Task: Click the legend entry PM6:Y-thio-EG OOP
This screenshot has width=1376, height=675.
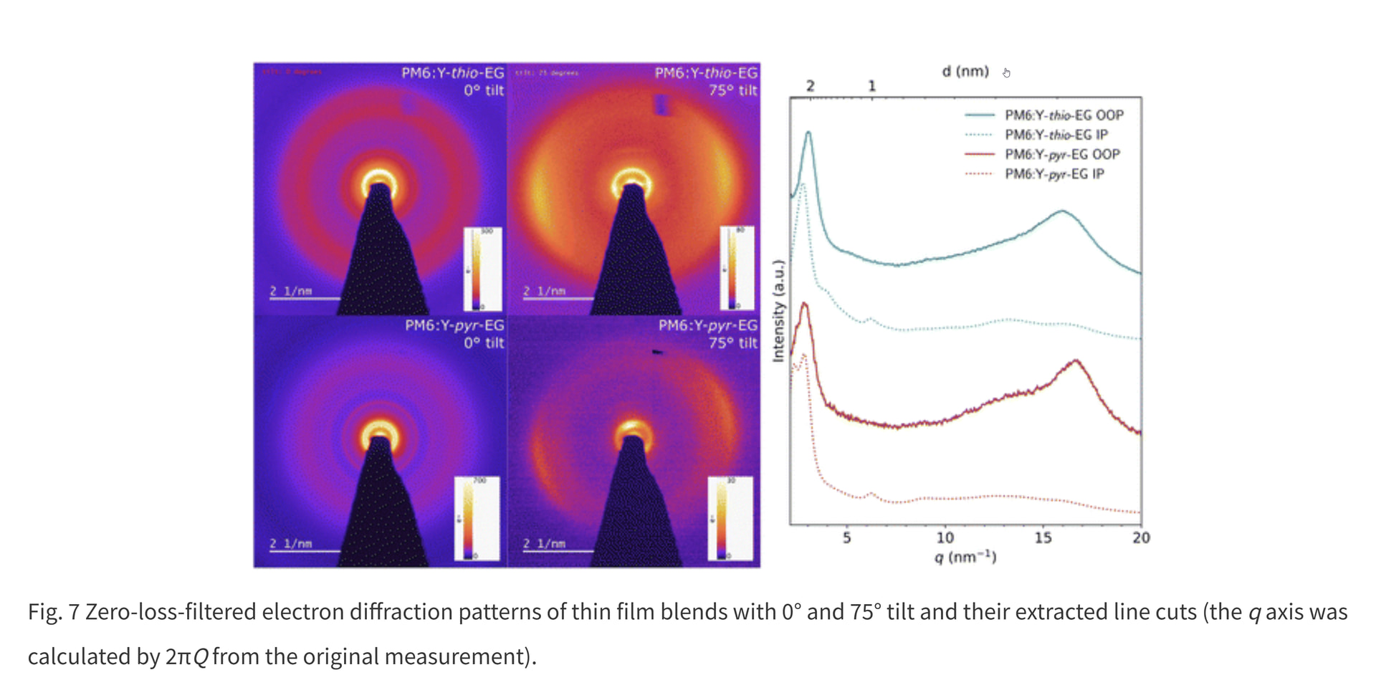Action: click(1064, 115)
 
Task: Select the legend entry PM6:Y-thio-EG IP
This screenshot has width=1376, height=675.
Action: click(1056, 135)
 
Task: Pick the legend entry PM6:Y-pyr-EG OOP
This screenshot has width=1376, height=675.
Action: click(1062, 155)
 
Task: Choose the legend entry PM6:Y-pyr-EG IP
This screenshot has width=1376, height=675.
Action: click(1054, 174)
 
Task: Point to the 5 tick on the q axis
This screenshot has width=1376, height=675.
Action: click(846, 537)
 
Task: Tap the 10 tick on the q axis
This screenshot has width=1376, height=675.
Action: click(945, 537)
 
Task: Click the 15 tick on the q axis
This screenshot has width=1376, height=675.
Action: click(1043, 537)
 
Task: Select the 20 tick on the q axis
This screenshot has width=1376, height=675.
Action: click(1141, 537)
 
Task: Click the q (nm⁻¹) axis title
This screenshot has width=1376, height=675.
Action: click(965, 557)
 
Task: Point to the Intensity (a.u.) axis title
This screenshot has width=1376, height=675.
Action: click(778, 311)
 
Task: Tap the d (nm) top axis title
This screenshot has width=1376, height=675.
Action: click(965, 72)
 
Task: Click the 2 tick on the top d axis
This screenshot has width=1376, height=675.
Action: click(810, 86)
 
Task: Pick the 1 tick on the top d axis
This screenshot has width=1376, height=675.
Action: click(871, 86)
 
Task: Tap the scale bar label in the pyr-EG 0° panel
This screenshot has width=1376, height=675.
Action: click(290, 544)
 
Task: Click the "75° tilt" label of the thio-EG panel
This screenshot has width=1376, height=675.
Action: click(732, 90)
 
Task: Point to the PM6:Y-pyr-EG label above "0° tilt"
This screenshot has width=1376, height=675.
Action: click(454, 325)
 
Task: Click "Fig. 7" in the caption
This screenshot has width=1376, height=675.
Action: click(53, 612)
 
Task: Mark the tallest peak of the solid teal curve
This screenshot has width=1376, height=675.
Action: click(808, 133)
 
